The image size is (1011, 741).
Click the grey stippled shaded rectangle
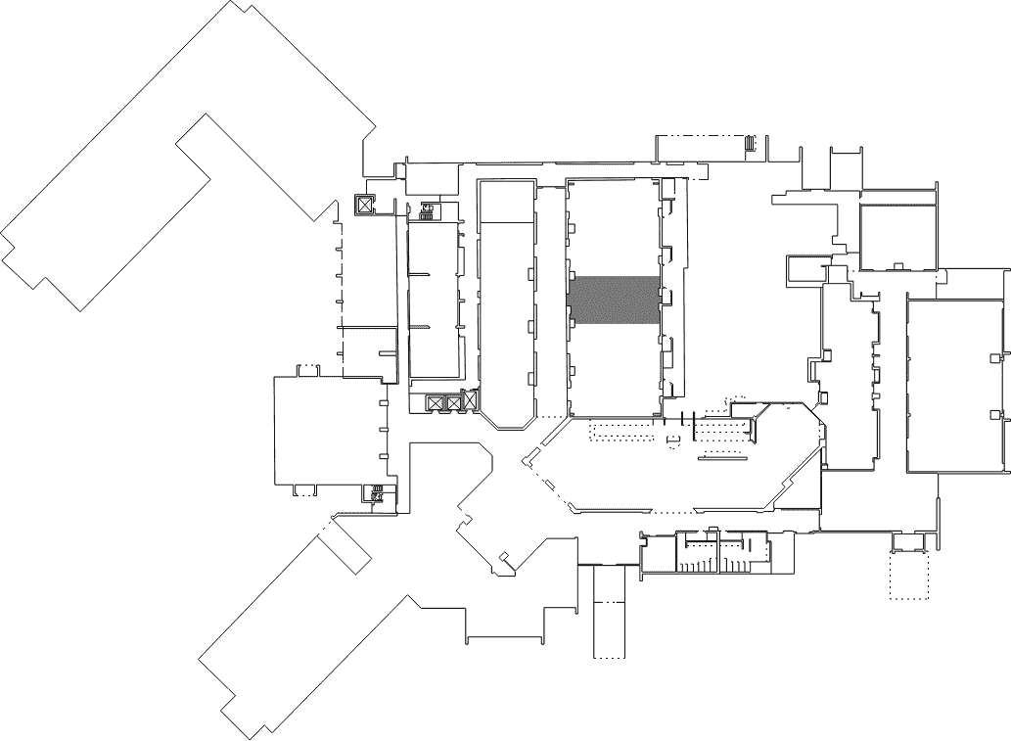[x=613, y=300]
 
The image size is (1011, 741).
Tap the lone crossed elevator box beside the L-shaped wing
[x=364, y=205]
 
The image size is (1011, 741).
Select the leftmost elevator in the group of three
[x=436, y=402]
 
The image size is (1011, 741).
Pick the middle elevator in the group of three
[x=453, y=402]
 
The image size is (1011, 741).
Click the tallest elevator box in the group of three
[x=470, y=400]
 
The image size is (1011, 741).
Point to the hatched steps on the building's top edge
[x=752, y=143]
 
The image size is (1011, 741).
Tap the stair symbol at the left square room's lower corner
[x=376, y=493]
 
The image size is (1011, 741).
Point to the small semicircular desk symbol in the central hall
[x=672, y=441]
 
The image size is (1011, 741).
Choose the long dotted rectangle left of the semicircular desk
[x=622, y=433]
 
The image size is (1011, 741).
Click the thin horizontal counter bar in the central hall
[x=722, y=457]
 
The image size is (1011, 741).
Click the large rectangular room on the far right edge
[x=955, y=385]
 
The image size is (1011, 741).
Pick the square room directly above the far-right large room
[x=897, y=235]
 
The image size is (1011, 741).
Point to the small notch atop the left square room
[x=307, y=369]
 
